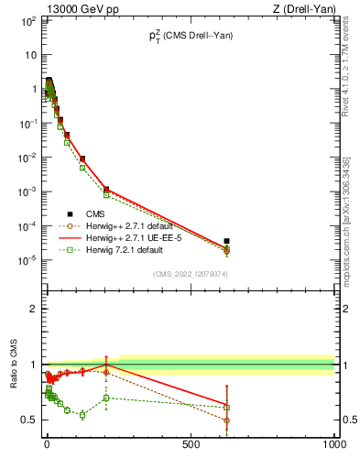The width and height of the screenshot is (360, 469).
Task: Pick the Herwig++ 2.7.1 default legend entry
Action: pos(137,225)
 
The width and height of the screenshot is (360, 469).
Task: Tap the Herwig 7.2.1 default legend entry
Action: pos(133,249)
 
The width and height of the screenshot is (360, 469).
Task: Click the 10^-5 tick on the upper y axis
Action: pos(28,259)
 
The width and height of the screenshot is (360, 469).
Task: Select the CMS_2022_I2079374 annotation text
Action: pos(191,273)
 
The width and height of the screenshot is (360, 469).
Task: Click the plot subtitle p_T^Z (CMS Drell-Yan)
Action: pos(191,36)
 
